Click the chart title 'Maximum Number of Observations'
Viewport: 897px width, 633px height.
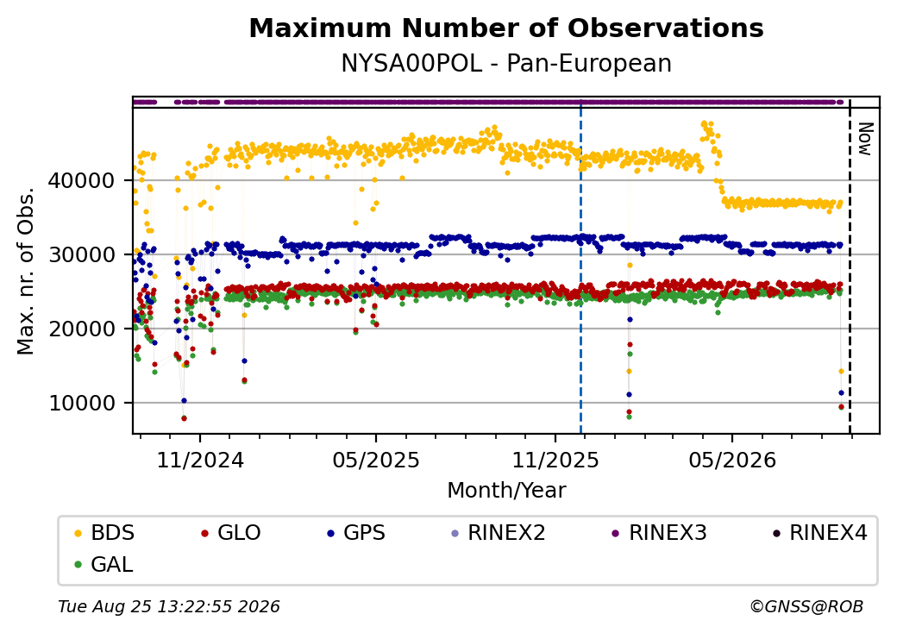[506, 28]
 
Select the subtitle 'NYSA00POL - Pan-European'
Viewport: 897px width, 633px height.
[506, 64]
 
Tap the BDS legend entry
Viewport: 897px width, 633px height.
[104, 533]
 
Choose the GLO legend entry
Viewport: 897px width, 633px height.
[231, 533]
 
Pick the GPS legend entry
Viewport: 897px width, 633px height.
[356, 533]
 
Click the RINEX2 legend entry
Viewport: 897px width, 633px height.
[499, 533]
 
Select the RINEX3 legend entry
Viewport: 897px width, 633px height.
[659, 533]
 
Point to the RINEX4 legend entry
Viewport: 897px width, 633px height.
[819, 533]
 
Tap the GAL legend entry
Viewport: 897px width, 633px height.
[103, 564]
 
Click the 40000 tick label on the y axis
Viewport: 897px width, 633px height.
[82, 181]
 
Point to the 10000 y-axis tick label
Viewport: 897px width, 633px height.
[82, 403]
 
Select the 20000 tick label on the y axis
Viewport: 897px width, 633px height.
[82, 329]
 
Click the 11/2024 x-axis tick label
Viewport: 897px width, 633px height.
[200, 461]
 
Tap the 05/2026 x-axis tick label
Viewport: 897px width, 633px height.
[733, 461]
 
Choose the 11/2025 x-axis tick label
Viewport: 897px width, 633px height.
[555, 461]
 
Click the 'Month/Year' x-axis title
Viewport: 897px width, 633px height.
[506, 491]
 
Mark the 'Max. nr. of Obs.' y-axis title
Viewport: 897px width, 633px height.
[26, 271]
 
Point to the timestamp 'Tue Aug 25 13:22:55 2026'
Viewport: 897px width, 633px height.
[169, 606]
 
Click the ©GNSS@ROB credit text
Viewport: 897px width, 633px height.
[806, 606]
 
